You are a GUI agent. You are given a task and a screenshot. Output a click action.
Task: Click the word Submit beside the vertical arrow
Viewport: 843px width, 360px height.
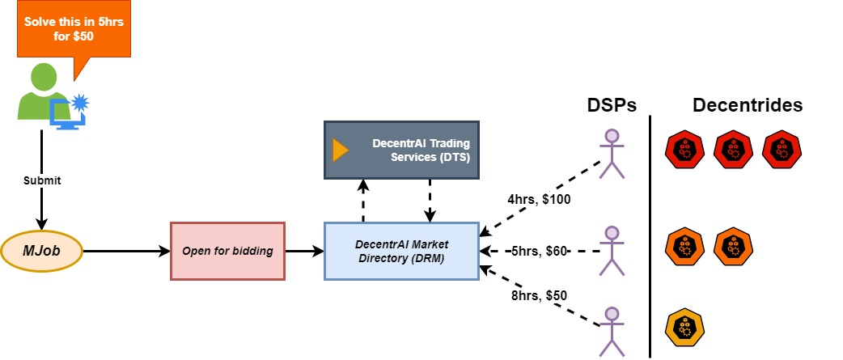(x=41, y=180)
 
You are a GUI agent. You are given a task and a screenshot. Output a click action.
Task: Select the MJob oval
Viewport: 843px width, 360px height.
(x=42, y=252)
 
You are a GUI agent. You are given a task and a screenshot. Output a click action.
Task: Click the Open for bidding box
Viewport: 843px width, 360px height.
(x=227, y=251)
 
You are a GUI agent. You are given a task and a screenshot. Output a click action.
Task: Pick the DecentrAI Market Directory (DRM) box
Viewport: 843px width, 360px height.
(x=400, y=251)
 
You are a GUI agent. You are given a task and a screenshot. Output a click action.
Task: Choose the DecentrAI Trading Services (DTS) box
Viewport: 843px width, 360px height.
(x=401, y=150)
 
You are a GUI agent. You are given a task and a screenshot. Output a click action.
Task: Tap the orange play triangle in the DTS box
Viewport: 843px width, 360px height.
(x=341, y=150)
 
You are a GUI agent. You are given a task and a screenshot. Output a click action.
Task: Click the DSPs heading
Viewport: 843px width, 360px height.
(x=612, y=105)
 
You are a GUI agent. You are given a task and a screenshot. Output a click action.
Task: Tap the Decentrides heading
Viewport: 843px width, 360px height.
(x=747, y=105)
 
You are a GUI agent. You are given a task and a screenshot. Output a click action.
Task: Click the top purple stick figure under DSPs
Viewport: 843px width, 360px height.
(x=612, y=154)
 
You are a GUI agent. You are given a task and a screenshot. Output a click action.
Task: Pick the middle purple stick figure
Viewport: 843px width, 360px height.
(x=612, y=251)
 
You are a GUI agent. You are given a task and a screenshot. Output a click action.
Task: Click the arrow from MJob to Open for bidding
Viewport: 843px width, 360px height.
(x=126, y=252)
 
